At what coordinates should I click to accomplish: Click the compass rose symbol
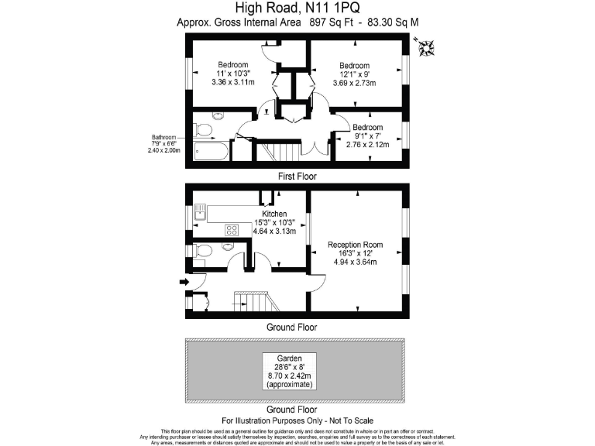[x=425, y=49]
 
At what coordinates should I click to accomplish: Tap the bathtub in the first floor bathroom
[x=211, y=149]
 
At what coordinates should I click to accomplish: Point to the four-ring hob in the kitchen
[x=231, y=229]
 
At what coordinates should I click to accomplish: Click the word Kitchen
[x=274, y=214]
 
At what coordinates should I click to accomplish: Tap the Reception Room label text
[x=356, y=245]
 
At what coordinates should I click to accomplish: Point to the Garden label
[x=289, y=358]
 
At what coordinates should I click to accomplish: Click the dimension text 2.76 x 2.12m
[x=367, y=144]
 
